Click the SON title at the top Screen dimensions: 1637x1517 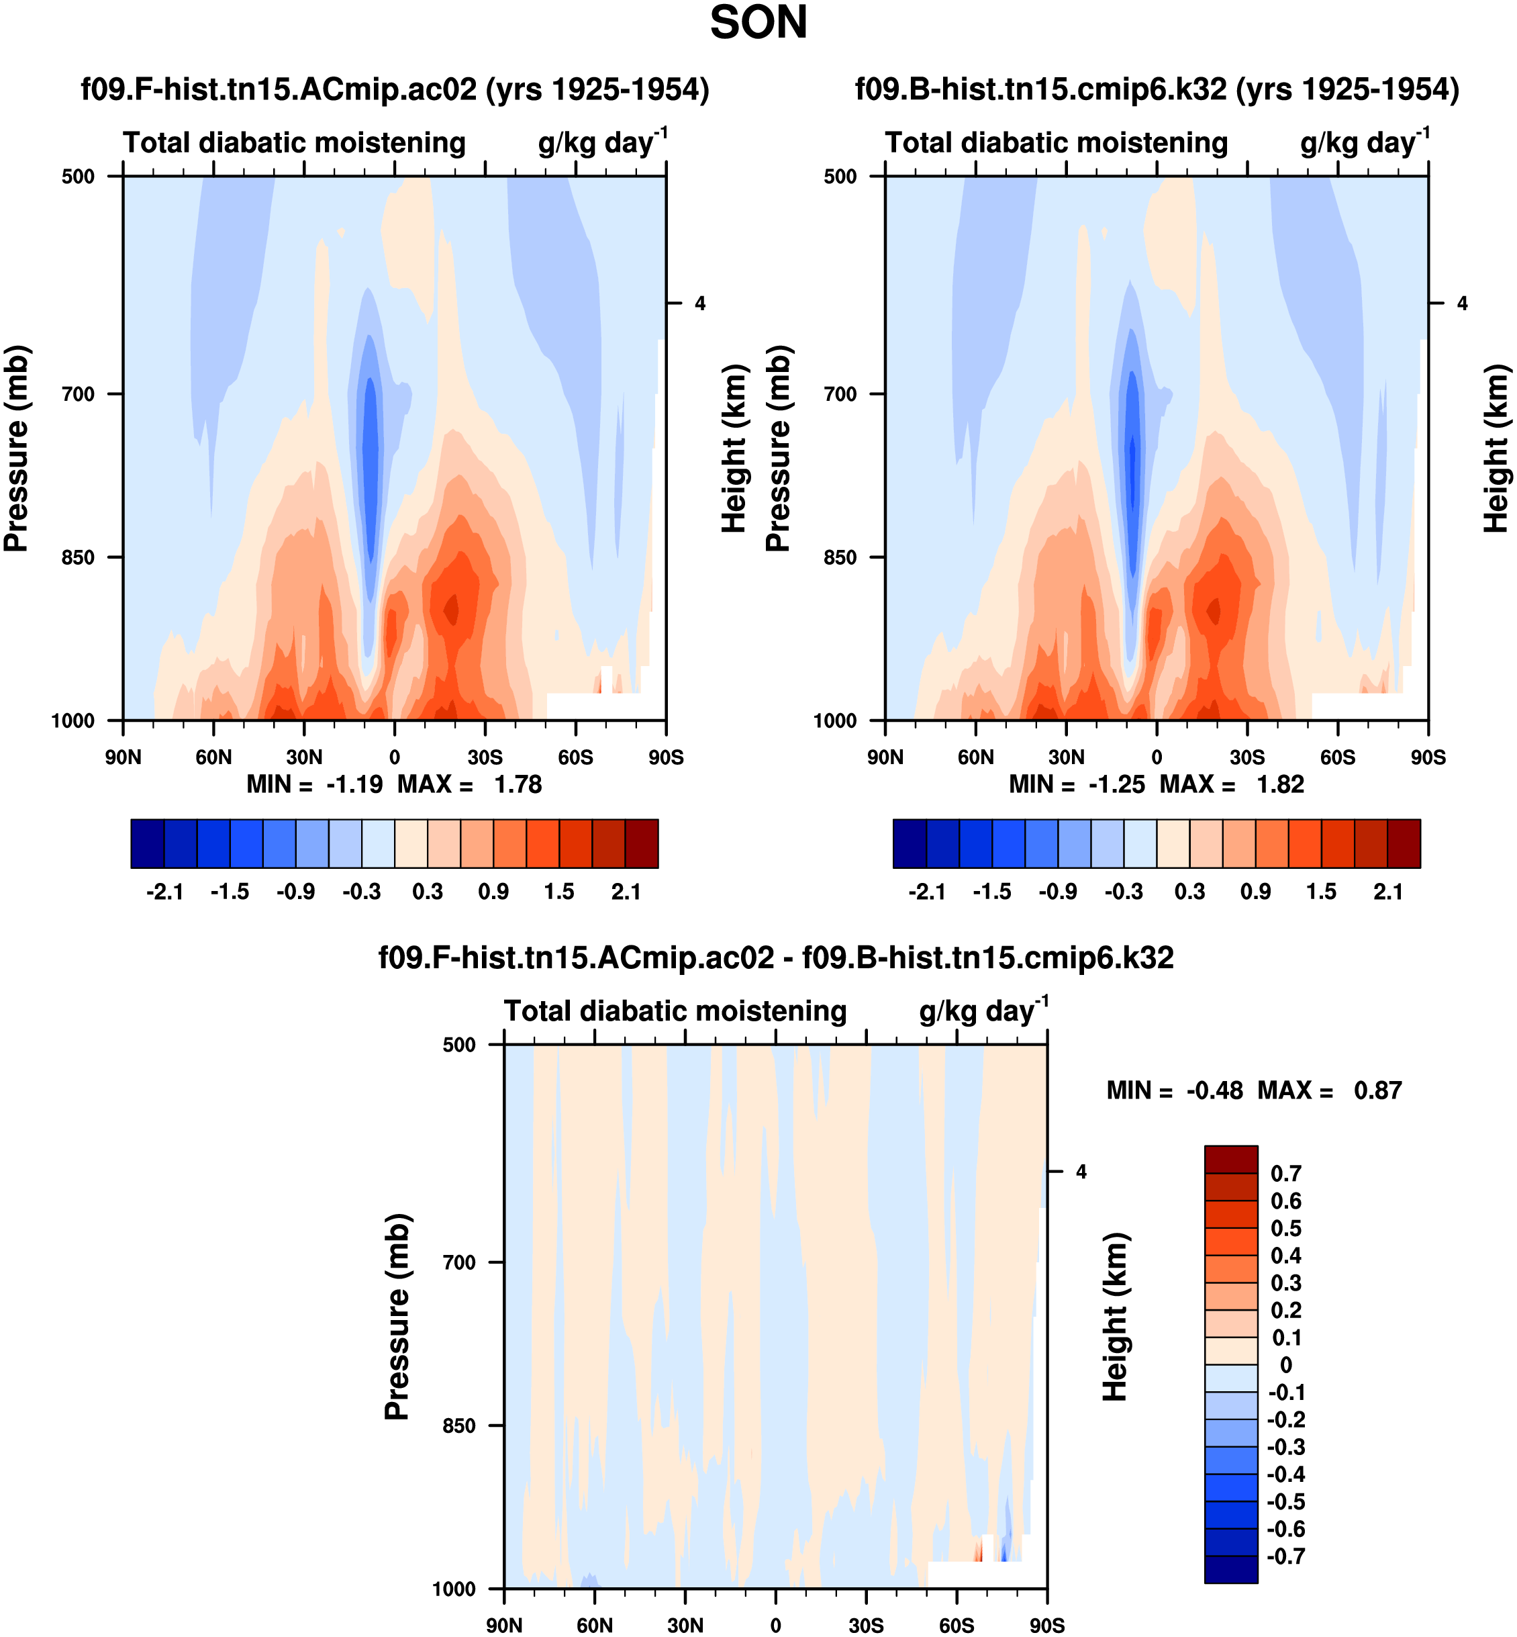(x=758, y=23)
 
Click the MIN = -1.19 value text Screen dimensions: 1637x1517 (x=354, y=785)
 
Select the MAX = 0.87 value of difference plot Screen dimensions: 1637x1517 (x=1377, y=1090)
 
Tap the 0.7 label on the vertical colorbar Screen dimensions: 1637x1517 (x=1285, y=1173)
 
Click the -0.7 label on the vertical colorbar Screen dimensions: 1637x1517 (x=1285, y=1556)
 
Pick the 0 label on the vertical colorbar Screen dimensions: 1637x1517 (x=1285, y=1364)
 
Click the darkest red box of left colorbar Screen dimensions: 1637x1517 (x=641, y=843)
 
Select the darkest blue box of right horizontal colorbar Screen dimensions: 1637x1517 (x=910, y=843)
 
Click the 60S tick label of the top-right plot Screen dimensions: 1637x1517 (x=1337, y=757)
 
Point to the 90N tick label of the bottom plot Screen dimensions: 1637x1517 (x=503, y=1625)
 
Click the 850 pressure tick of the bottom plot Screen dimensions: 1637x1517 (x=460, y=1425)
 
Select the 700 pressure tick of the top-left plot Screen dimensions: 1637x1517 (x=79, y=394)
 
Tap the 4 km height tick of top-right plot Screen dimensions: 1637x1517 (x=1462, y=303)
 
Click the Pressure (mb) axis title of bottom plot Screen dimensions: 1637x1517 (x=397, y=1316)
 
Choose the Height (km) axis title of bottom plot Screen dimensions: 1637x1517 (x=1115, y=1316)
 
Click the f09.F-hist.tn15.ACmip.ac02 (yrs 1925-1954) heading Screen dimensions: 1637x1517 (x=395, y=89)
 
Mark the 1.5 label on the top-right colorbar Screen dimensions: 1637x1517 (x=1321, y=892)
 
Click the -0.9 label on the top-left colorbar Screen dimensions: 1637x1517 (x=295, y=892)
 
